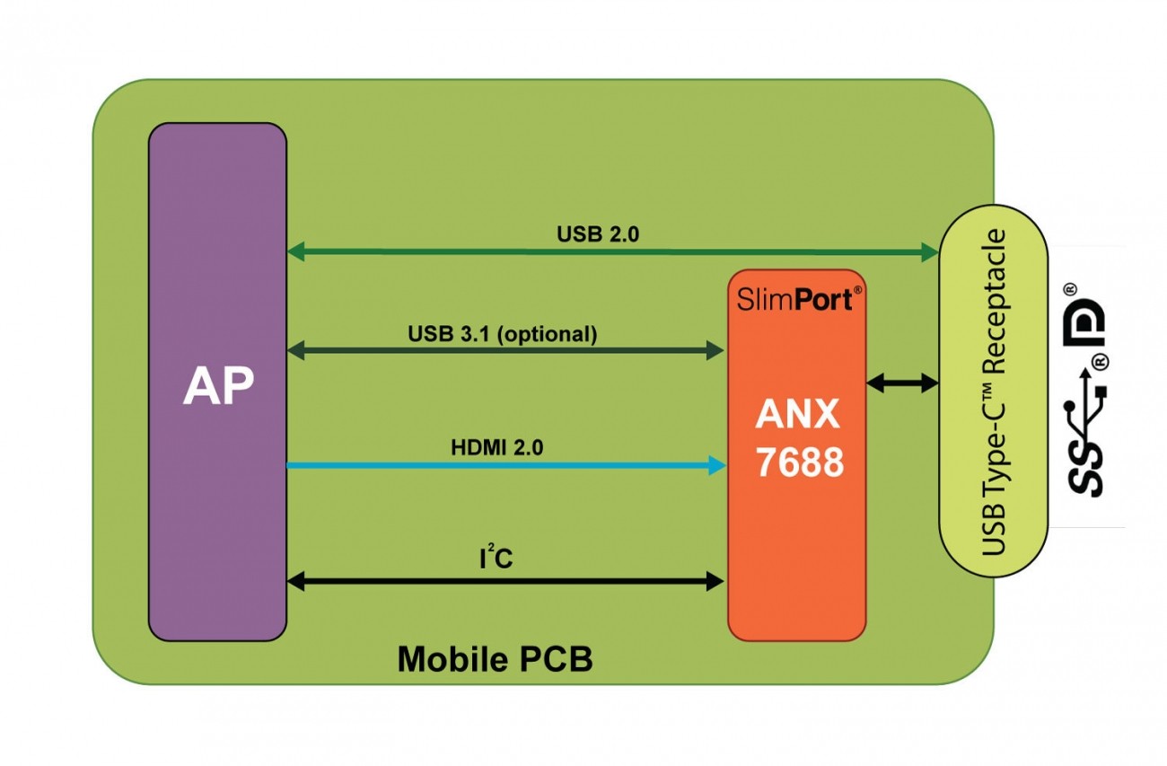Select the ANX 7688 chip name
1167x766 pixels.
[x=798, y=437]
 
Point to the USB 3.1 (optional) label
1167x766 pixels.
[x=502, y=334]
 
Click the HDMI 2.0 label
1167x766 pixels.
[x=496, y=446]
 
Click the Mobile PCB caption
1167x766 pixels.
[x=495, y=659]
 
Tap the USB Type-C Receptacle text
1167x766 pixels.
[x=992, y=392]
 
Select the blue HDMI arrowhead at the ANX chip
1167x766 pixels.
[x=716, y=465]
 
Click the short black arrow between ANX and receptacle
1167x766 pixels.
[x=902, y=383]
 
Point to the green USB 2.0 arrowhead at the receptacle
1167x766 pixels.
[x=930, y=252]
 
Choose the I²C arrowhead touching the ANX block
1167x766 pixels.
[x=715, y=582]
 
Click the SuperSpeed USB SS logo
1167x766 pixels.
[x=1085, y=440]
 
